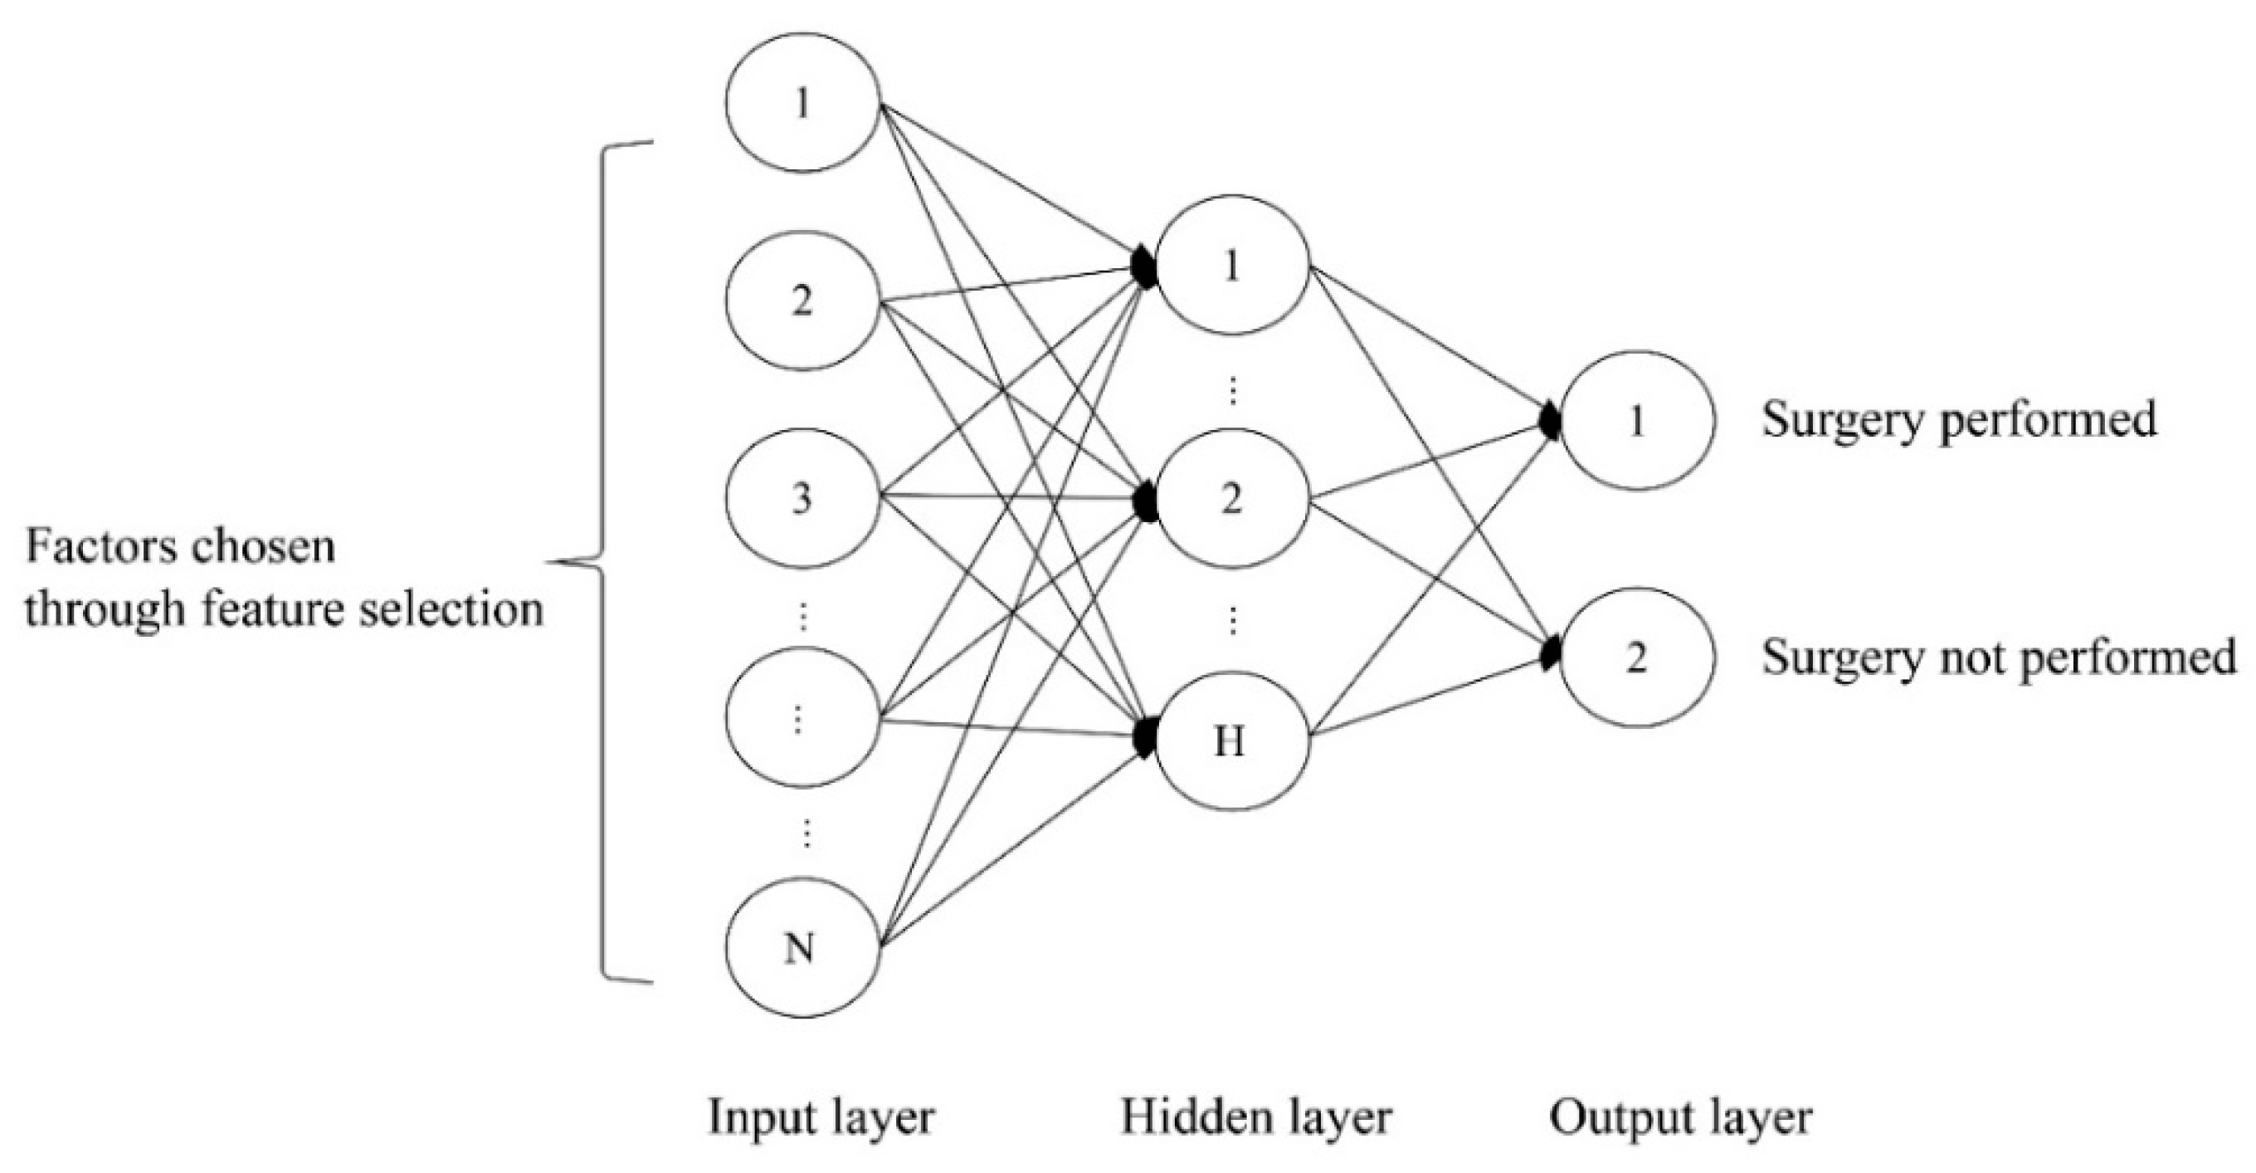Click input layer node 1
click(802, 104)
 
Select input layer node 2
click(802, 301)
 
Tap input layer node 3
click(802, 497)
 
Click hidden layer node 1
click(1231, 265)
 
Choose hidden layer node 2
click(1231, 500)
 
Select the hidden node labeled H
click(1231, 741)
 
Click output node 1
click(1636, 422)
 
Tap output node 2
click(1636, 657)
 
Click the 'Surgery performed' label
click(1958, 421)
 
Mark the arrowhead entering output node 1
click(1550, 423)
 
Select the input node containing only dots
click(802, 718)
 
